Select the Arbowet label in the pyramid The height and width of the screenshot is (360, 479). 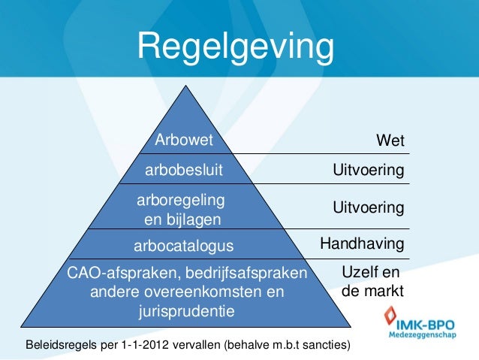[184, 140]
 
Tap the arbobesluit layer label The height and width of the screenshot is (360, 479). [184, 171]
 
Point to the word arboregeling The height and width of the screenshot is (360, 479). [181, 201]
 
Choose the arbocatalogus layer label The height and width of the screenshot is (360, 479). [184, 245]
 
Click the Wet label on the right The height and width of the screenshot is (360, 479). [390, 141]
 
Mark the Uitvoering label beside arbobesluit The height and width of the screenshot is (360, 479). [369, 172]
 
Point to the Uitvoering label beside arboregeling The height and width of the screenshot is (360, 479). [369, 207]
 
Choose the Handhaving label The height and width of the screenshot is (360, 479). [362, 244]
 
